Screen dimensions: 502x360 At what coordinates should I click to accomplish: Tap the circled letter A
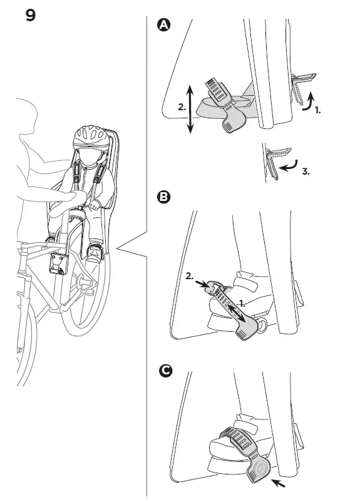click(163, 25)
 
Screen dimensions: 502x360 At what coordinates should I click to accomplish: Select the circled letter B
click(163, 197)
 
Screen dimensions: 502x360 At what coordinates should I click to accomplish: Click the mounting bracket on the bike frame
click(58, 264)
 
